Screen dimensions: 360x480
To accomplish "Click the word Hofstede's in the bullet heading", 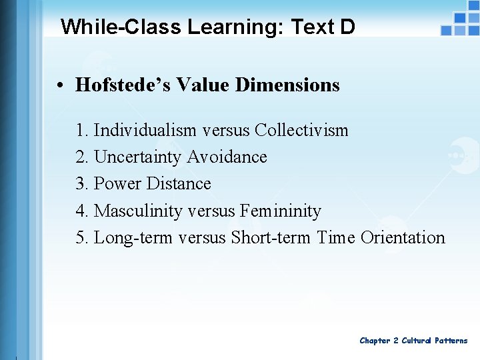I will click(113, 85).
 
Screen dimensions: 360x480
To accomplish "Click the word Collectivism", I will click(301, 130).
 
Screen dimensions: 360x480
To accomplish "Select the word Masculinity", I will click(138, 211).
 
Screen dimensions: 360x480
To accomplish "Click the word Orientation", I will click(403, 238).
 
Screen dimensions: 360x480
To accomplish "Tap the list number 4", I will click(81, 211).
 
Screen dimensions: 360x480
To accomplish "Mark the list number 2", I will click(81, 157).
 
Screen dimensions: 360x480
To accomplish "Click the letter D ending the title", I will click(347, 27).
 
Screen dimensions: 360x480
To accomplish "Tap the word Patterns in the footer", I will click(451, 341).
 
